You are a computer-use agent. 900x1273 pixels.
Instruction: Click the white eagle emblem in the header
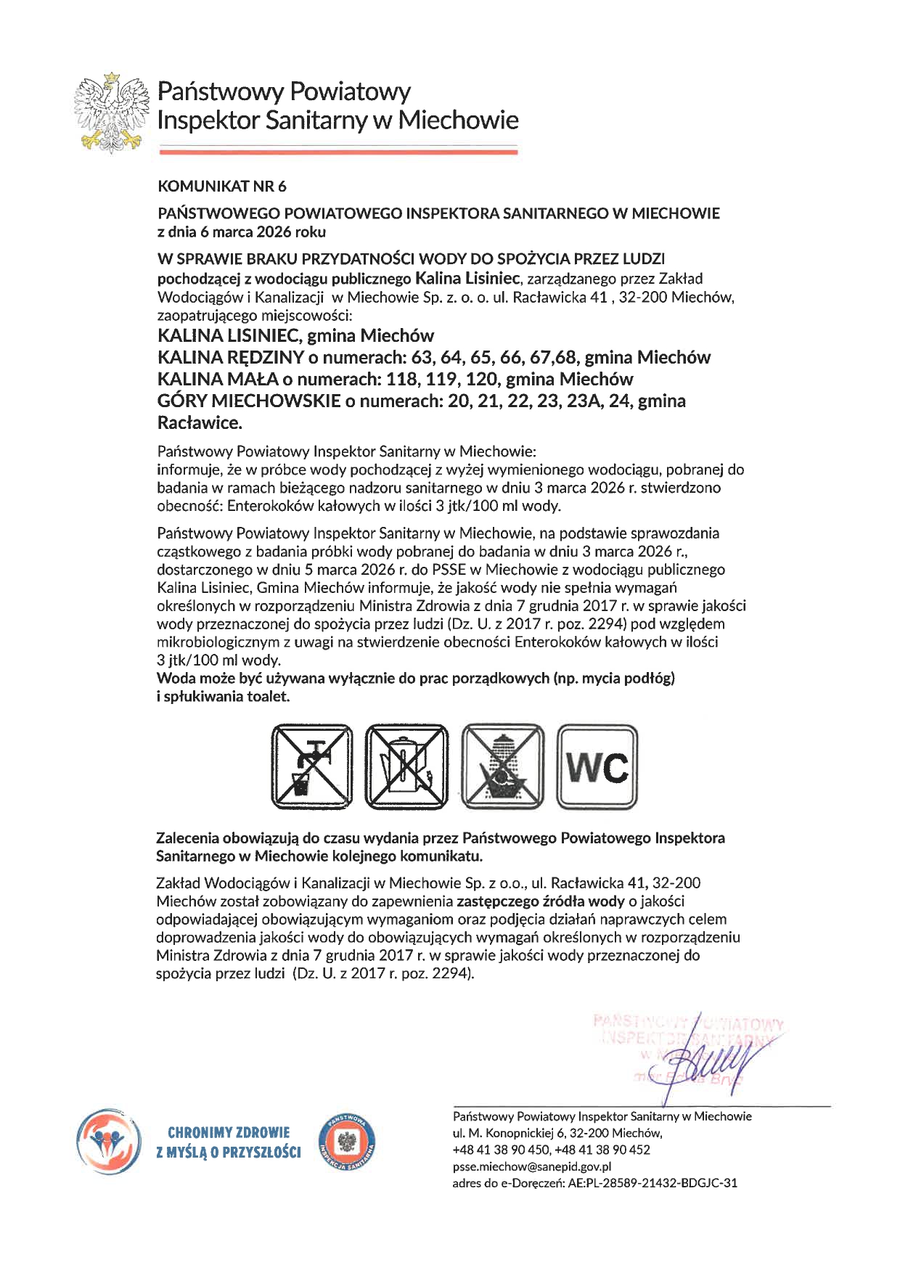pyautogui.click(x=111, y=112)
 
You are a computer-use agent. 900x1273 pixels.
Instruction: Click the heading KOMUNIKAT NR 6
pyautogui.click(x=221, y=187)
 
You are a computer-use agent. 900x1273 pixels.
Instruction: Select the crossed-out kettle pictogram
pyautogui.click(x=406, y=766)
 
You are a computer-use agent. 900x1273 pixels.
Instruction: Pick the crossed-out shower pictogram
pyautogui.click(x=503, y=766)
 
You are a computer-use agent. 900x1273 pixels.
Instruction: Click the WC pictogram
pyautogui.click(x=597, y=766)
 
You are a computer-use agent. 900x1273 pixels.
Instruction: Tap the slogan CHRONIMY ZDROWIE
pyautogui.click(x=229, y=1132)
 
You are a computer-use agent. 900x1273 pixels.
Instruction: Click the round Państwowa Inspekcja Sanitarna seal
pyautogui.click(x=348, y=1142)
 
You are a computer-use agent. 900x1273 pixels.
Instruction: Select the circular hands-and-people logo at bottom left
pyautogui.click(x=109, y=1141)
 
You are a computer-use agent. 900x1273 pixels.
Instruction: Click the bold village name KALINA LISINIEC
pyautogui.click(x=229, y=336)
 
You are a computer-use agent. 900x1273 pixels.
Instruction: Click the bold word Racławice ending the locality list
pyautogui.click(x=200, y=423)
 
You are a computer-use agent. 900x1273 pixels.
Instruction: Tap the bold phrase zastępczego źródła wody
pyautogui.click(x=540, y=901)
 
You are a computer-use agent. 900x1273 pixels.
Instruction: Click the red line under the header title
pyautogui.click(x=337, y=151)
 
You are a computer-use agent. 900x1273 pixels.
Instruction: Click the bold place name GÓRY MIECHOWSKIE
pyautogui.click(x=249, y=401)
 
